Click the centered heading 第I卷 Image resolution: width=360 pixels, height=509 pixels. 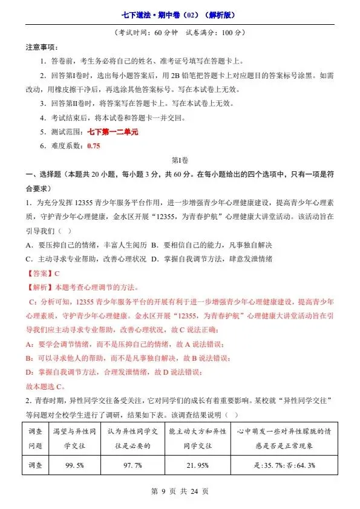point(180,160)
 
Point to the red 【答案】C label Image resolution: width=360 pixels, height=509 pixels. point(42,274)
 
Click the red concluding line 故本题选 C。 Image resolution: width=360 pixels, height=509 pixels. point(46,386)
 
